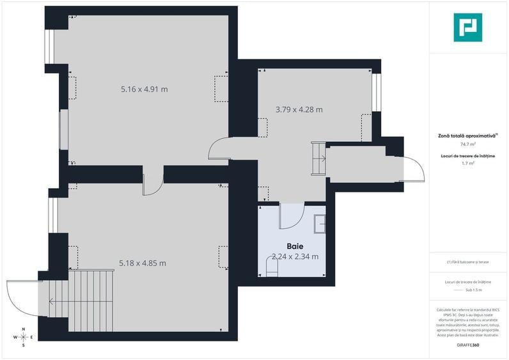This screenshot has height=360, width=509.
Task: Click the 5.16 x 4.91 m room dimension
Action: click(144, 90)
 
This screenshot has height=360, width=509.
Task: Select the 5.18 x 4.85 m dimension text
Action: click(143, 263)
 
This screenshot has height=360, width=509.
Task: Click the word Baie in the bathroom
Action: click(295, 246)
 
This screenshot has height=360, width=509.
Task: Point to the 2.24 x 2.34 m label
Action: click(295, 256)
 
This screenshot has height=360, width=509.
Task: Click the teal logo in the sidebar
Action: click(467, 27)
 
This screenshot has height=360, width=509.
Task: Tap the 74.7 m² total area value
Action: click(467, 145)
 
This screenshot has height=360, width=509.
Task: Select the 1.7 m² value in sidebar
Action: click(467, 164)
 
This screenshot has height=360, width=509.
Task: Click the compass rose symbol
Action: click(24, 337)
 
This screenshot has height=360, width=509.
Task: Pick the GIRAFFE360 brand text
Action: click(467, 345)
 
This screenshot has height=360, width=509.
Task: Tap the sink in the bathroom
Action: click(320, 224)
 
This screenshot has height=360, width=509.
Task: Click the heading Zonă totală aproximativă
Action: click(467, 135)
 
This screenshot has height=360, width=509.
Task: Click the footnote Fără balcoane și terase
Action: click(467, 262)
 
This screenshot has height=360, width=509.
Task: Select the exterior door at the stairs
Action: click(23, 297)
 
